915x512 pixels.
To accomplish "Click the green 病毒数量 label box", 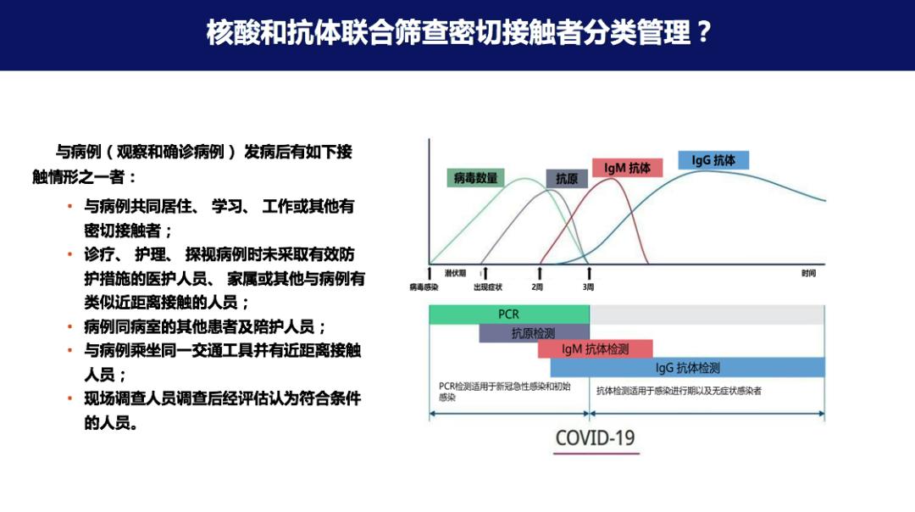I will [x=475, y=178].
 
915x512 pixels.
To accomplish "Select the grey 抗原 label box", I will [x=567, y=178].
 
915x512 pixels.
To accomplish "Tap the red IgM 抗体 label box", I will [x=627, y=168].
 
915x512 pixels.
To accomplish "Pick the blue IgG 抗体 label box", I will [x=713, y=160].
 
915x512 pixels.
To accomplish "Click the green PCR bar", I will [x=508, y=314].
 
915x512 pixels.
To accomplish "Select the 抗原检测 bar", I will [x=533, y=333].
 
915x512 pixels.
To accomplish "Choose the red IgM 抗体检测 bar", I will [x=596, y=349].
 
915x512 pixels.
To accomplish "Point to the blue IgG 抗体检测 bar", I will [x=687, y=368].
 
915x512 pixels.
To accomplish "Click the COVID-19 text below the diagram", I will [x=595, y=438].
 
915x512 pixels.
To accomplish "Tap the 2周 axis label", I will [x=538, y=287].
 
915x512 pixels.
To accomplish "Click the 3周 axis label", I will [x=588, y=287].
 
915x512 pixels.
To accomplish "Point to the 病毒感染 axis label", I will [x=424, y=287].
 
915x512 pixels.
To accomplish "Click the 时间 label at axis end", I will [x=808, y=273].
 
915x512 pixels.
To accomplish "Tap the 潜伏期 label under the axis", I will [x=455, y=273].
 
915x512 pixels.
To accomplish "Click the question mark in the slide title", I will [x=702, y=33].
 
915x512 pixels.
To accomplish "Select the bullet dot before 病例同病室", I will [x=69, y=326].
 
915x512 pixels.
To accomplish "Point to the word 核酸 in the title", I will [x=225, y=33].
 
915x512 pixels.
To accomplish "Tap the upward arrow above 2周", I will [x=540, y=273].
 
